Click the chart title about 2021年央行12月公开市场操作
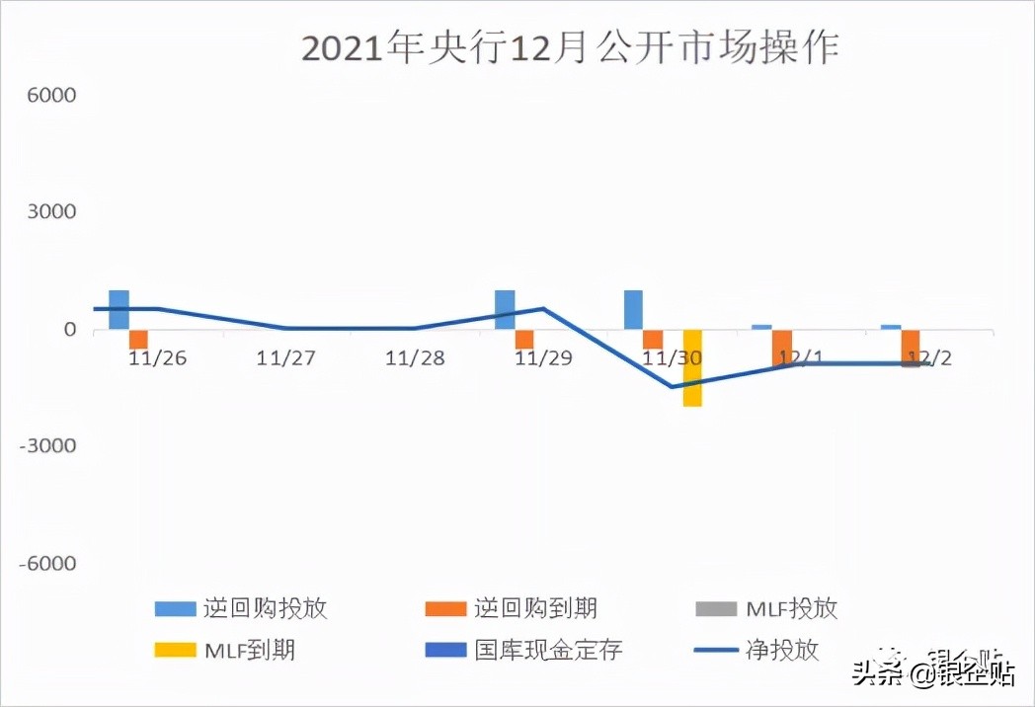pyautogui.click(x=570, y=46)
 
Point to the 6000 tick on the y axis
pyautogui.click(x=56, y=96)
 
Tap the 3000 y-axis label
pyautogui.click(x=56, y=212)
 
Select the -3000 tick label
pyautogui.click(x=52, y=446)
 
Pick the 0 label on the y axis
pyautogui.click(x=69, y=330)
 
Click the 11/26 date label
pyautogui.click(x=158, y=357)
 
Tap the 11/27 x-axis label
pyautogui.click(x=286, y=357)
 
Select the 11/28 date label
pyautogui.click(x=415, y=357)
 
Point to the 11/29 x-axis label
pyautogui.click(x=543, y=357)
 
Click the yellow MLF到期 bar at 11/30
pyautogui.click(x=692, y=368)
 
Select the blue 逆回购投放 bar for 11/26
pyautogui.click(x=119, y=310)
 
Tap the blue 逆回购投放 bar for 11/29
pyautogui.click(x=505, y=310)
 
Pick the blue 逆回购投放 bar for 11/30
pyautogui.click(x=633, y=310)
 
